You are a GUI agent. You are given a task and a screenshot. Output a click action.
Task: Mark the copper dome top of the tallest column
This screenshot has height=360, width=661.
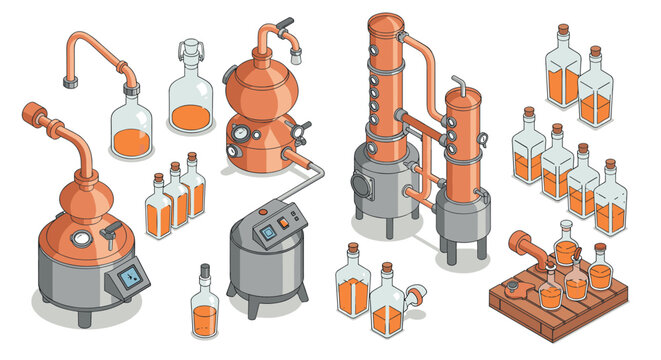[383, 23]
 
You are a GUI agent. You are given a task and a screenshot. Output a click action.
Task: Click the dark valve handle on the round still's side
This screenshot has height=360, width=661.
[298, 127]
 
